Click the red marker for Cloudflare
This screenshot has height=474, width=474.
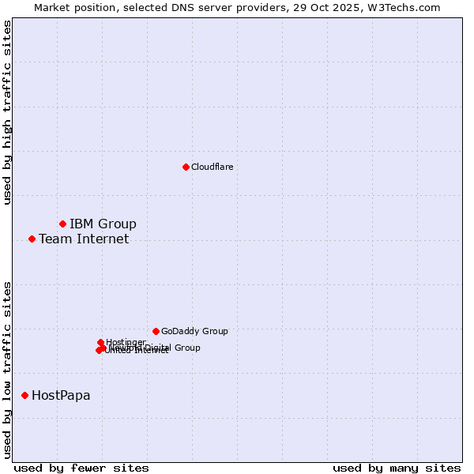tap(186, 167)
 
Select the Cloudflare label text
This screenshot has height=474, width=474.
tap(212, 167)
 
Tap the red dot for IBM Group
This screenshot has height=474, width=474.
tap(62, 224)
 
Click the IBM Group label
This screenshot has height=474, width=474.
tap(103, 224)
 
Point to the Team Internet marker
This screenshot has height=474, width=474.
tap(32, 239)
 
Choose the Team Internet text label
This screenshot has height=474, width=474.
tap(84, 239)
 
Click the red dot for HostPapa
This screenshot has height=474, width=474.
tap(24, 395)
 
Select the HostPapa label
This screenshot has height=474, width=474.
tap(61, 395)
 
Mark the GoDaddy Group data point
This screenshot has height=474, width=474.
tap(156, 331)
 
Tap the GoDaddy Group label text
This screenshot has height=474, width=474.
tap(194, 331)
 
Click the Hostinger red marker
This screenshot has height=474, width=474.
tap(100, 342)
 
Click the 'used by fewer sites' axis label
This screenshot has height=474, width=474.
tap(81, 468)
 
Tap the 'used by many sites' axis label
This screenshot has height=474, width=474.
tap(397, 468)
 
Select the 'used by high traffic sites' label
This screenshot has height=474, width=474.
tap(7, 112)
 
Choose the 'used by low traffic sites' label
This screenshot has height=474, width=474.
tap(7, 369)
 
